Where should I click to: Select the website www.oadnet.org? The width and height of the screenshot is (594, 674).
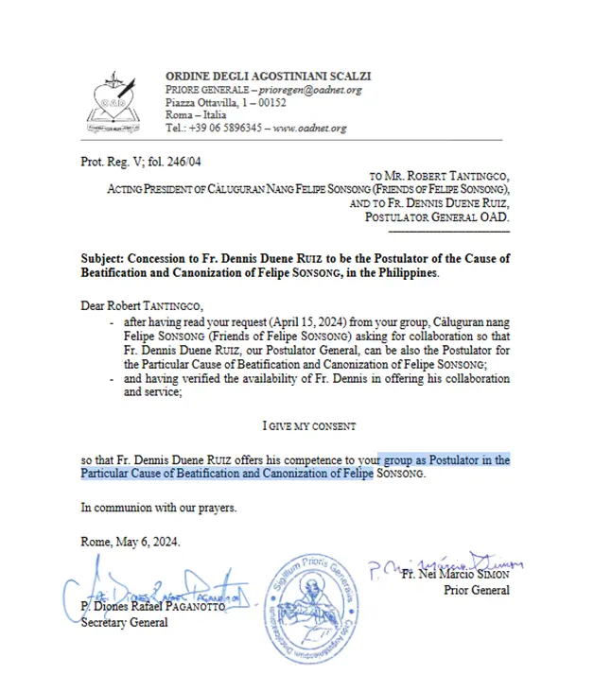click(x=310, y=128)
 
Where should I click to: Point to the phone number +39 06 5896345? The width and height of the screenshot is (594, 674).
click(x=219, y=128)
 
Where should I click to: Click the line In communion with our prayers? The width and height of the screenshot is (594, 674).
click(x=158, y=508)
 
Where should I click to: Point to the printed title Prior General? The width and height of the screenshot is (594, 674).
click(x=476, y=590)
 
